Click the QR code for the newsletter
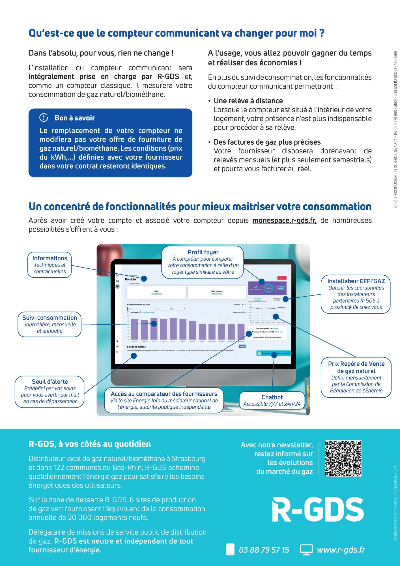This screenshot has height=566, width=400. tap(343, 459)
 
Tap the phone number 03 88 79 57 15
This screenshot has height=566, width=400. tap(264, 550)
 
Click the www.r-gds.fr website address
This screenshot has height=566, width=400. tap(341, 550)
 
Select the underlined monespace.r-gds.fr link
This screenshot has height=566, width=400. tap(284, 220)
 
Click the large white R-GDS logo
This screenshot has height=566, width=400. tap(318, 510)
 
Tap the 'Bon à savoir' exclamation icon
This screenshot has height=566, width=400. tap(44, 117)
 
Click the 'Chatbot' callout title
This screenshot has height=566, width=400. tap(272, 397)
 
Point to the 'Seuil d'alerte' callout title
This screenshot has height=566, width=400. tap(50, 381)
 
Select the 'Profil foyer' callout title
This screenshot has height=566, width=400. tap(203, 252)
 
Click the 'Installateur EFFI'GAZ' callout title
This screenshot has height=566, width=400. tap(356, 281)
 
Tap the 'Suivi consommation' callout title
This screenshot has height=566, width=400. tap(50, 318)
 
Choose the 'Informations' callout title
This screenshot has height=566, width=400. tap(50, 258)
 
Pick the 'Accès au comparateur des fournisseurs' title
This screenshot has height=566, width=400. tap(164, 394)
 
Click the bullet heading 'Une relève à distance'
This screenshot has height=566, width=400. tap(248, 101)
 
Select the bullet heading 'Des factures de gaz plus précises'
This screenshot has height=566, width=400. tap(267, 142)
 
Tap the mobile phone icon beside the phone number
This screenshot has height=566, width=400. tap(230, 550)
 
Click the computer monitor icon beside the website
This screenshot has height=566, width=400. tap(306, 550)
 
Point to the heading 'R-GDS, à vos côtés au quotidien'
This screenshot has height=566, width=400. tap(90, 444)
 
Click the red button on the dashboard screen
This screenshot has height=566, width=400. tap(282, 278)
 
